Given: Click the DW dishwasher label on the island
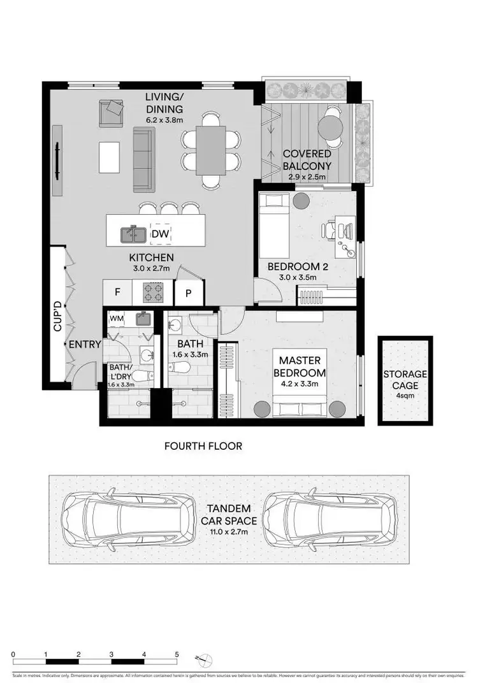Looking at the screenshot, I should click(x=160, y=234).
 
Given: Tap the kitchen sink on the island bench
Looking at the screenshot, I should click(x=133, y=234).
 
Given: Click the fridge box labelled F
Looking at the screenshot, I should click(x=117, y=293).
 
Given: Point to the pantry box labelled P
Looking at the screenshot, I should click(x=189, y=294).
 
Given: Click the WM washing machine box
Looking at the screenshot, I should click(x=117, y=317).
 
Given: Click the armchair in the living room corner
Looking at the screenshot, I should click(x=111, y=113).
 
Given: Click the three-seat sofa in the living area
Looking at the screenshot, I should click(x=144, y=159).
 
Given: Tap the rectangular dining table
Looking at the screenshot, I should click(x=210, y=150).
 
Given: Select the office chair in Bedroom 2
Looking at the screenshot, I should click(x=335, y=230).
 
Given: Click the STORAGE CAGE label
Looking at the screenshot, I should click(x=405, y=380).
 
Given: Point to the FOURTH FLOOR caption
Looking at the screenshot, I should click(x=203, y=446).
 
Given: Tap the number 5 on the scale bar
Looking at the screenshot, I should click(x=177, y=654).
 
